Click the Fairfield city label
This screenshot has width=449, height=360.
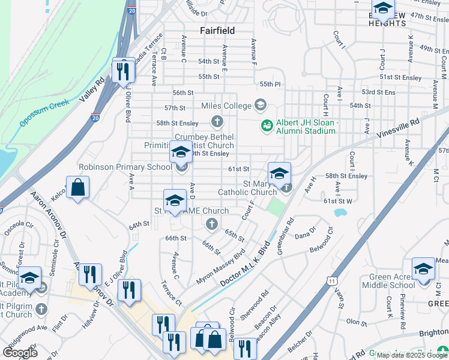(217, 30)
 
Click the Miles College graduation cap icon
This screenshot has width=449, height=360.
(260, 106)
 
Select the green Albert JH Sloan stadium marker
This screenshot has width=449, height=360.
(266, 126)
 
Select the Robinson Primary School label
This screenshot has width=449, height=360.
(125, 167)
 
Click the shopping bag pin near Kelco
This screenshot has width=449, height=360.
(77, 188)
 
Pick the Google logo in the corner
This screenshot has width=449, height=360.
(20, 352)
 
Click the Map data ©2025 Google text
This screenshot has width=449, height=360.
(411, 355)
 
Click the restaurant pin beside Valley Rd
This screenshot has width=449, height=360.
(124, 71)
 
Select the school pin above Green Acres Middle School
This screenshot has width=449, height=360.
(423, 269)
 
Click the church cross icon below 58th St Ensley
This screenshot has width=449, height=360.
(217, 122)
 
